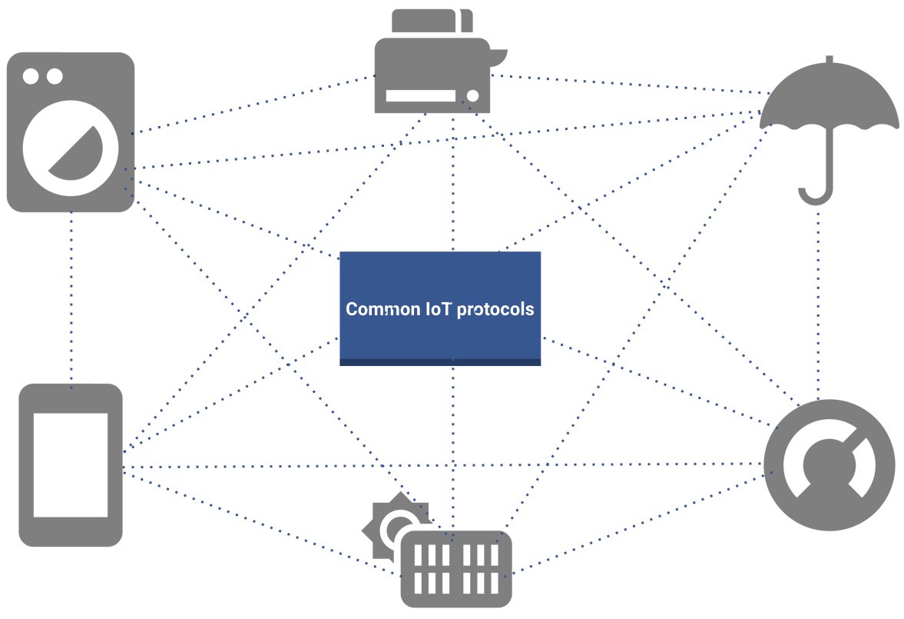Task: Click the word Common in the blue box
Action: [373, 309]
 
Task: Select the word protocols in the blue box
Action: [495, 309]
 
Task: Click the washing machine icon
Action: [71, 132]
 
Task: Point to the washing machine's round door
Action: [71, 149]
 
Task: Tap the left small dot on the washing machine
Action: [31, 76]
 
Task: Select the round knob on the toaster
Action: [473, 95]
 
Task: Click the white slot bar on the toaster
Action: [421, 96]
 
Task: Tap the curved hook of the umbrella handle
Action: [815, 196]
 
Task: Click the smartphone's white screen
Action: [71, 464]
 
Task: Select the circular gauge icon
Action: [829, 464]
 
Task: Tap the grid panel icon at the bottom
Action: [456, 568]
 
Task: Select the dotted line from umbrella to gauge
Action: [819, 308]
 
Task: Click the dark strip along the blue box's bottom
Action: [440, 362]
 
